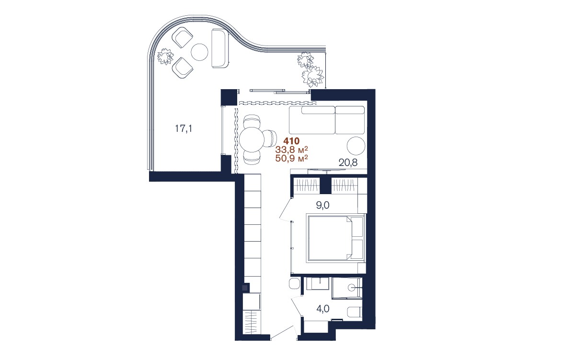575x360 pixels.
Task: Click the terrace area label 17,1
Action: [183, 128]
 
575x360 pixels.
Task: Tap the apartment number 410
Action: [291, 141]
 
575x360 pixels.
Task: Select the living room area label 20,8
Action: [348, 163]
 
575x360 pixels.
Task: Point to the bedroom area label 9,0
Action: [322, 205]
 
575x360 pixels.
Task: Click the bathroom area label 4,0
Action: [322, 309]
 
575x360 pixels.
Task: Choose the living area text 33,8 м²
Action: [292, 150]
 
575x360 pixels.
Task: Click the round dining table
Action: [252, 140]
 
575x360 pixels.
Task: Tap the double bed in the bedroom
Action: [336, 238]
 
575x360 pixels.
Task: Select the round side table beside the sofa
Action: [356, 146]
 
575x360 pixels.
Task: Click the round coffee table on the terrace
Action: [199, 52]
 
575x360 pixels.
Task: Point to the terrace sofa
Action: [220, 48]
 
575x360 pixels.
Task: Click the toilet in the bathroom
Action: [355, 312]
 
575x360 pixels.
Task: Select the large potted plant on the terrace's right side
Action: [312, 76]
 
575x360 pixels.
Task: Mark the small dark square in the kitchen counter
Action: [245, 288]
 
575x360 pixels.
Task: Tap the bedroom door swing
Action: [286, 209]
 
